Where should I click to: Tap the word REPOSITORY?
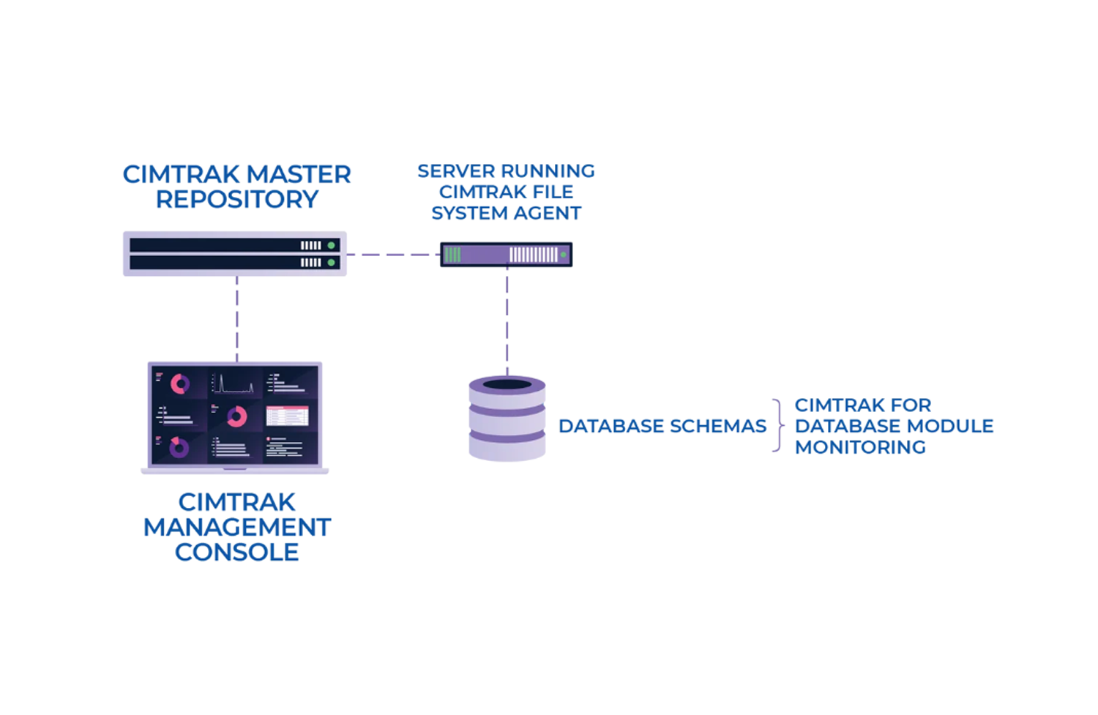236,199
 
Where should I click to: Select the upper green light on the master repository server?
332,245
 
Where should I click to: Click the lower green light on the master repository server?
332,262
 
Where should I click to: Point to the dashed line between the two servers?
393,255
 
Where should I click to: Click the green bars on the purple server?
452,255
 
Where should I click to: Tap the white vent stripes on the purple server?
533,255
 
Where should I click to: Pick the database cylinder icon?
507,419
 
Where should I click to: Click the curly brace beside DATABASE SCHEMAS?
778,426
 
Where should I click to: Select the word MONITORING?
860,447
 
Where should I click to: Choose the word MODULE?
952,426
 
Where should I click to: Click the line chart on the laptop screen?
234,383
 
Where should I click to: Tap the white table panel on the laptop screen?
287,416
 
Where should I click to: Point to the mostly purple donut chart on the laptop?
179,446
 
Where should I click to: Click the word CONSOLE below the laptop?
236,553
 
